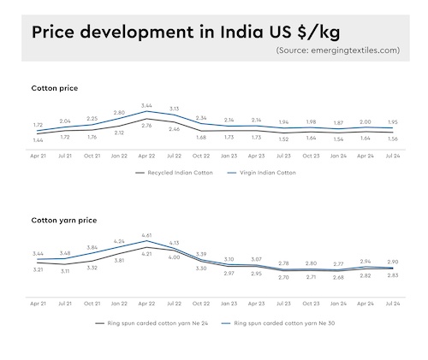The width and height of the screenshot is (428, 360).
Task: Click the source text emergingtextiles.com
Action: [x=337, y=50]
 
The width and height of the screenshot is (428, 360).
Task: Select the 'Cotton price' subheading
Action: [x=56, y=87]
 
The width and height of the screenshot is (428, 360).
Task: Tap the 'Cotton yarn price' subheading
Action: [x=64, y=220]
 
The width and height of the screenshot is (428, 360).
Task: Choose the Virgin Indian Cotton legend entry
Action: [x=266, y=172]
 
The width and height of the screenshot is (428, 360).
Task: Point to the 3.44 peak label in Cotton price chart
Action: [x=146, y=105]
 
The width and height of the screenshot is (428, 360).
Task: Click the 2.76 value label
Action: [x=146, y=126]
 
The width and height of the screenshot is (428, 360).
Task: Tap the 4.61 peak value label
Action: [x=146, y=234]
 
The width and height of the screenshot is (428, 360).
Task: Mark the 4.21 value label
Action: [x=146, y=254]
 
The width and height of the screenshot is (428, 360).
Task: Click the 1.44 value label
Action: [x=38, y=140]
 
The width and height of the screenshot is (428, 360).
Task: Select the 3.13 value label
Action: [x=174, y=109]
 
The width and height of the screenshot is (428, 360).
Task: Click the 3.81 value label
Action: [x=120, y=260]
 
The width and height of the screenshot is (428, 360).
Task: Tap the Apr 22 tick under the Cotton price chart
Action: [x=146, y=156]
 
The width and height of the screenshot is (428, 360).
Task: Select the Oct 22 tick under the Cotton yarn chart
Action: [x=201, y=304]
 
